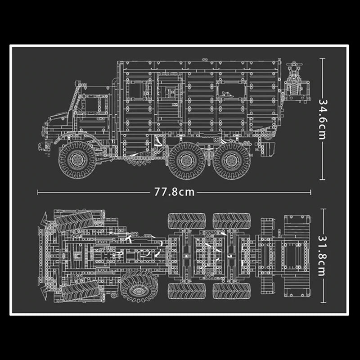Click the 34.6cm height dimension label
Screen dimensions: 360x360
point(322,118)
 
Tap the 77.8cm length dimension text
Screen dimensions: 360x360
point(175,192)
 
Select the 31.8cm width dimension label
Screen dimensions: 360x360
point(322,255)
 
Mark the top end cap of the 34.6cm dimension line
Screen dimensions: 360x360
point(322,58)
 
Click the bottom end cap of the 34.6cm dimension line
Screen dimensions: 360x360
point(322,179)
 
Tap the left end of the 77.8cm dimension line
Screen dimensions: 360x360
point(38,192)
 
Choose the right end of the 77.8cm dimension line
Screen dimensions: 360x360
point(310,192)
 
